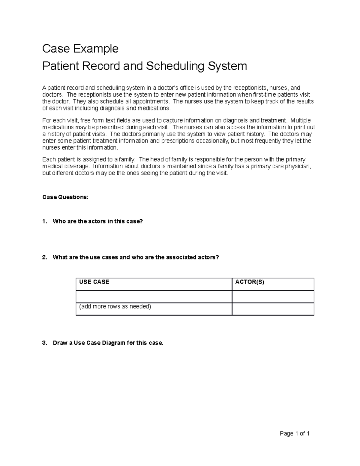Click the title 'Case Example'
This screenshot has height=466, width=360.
pyautogui.click(x=80, y=48)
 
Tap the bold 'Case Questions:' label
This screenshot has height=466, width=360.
pyautogui.click(x=65, y=197)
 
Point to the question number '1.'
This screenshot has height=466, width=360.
pyautogui.click(x=45, y=221)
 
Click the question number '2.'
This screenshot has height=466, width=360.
pyautogui.click(x=45, y=257)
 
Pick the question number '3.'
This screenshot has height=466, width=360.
pyautogui.click(x=45, y=343)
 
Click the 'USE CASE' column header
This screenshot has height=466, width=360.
pyautogui.click(x=94, y=282)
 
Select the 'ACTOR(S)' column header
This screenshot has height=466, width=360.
pyautogui.click(x=250, y=282)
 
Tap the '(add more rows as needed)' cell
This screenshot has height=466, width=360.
pyautogui.click(x=115, y=307)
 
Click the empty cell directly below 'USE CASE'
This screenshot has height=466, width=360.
pyautogui.click(x=154, y=297)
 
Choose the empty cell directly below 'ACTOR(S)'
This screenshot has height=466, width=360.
pyautogui.click(x=273, y=297)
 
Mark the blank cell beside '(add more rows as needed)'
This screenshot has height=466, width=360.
pyautogui.click(x=273, y=309)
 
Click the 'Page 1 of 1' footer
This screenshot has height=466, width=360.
pyautogui.click(x=295, y=433)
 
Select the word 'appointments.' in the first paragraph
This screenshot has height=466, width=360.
pyautogui.click(x=153, y=101)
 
